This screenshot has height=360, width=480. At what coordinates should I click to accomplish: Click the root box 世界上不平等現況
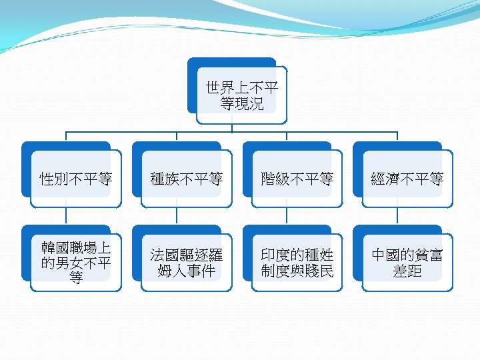[242, 95]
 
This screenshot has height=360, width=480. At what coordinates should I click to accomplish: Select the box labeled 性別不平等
[76, 179]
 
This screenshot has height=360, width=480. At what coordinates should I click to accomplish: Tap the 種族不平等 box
[187, 179]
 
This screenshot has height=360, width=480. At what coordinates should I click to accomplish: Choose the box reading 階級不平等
[297, 179]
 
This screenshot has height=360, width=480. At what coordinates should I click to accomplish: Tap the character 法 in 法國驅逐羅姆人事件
[158, 255]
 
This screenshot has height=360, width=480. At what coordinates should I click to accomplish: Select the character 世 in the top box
[213, 88]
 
